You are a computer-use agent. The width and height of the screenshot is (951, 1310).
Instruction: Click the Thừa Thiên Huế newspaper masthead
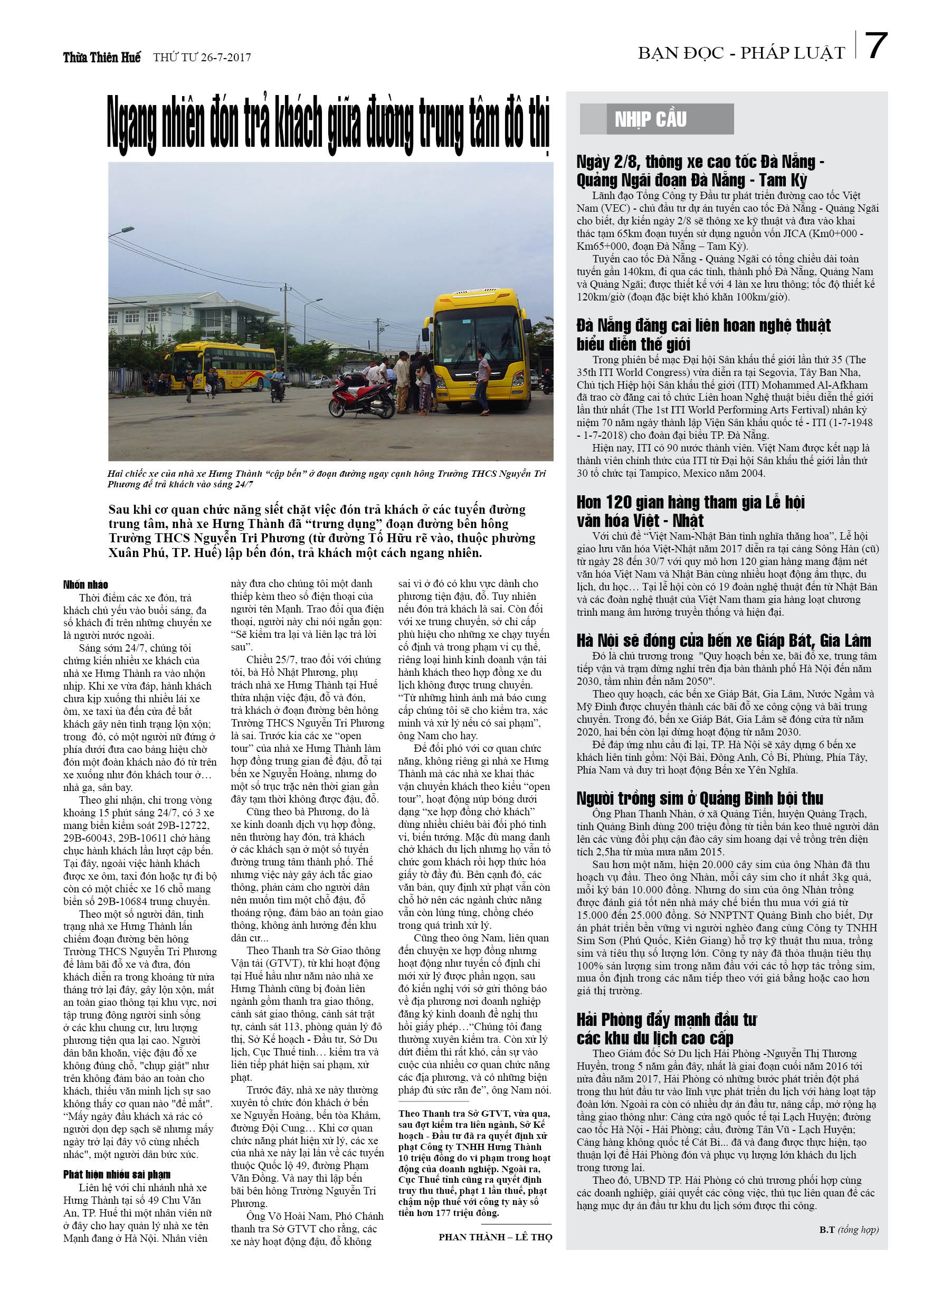coord(102,57)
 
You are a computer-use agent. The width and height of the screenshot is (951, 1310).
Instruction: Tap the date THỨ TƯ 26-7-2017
coord(202,57)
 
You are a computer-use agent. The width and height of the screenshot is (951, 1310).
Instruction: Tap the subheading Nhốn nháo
coord(85,585)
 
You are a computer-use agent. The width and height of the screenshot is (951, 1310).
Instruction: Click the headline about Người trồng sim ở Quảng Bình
coord(699,798)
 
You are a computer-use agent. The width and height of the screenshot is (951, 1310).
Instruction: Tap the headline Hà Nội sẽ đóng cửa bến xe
coord(723,640)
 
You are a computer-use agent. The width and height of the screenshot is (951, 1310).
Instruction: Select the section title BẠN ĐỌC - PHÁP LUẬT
coord(741,53)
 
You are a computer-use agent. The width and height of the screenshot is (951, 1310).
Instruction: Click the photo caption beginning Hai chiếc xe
coord(326,478)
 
